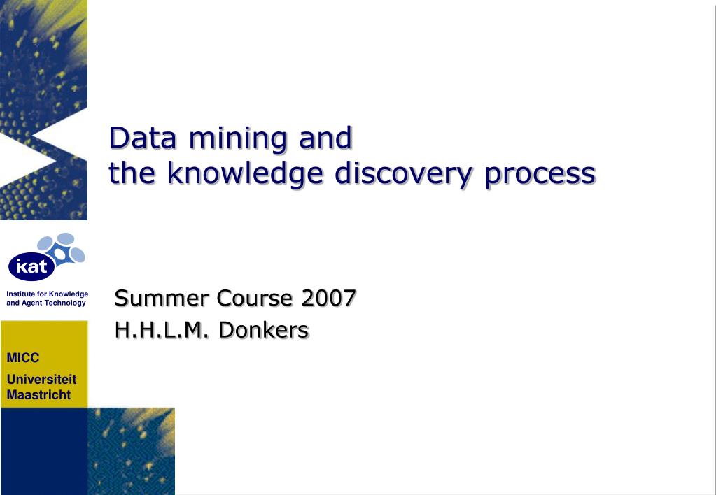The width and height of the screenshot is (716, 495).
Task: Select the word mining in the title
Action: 238,138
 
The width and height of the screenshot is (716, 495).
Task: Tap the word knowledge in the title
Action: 245,173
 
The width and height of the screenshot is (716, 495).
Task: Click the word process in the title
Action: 540,174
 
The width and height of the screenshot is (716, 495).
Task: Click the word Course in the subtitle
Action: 255,298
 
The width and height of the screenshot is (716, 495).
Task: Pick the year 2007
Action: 329,298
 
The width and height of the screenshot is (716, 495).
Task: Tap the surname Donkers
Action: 263,329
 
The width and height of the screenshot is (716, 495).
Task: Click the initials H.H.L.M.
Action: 161,329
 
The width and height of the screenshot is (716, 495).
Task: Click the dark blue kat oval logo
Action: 31,266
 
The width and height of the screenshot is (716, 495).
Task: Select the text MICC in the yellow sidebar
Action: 23,358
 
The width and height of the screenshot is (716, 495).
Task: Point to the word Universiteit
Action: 42,380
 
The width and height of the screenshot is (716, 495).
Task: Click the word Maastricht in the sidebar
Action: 38,395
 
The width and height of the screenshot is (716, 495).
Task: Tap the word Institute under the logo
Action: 20,294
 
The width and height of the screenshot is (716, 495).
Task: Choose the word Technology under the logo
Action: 65,303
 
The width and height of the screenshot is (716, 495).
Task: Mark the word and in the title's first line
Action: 325,138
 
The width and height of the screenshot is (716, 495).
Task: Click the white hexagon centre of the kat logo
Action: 60,254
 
